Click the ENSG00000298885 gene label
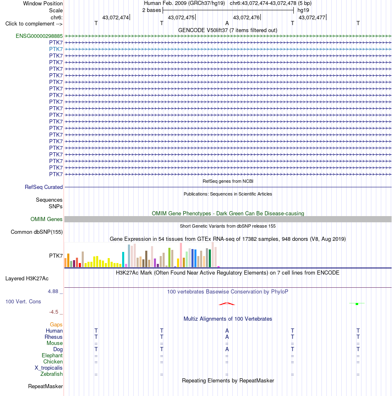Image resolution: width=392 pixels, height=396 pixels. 39,36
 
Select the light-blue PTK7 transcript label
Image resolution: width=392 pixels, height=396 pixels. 56,49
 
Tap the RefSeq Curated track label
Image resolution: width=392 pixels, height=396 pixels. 44,187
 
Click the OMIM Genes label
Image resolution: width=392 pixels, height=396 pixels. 46,219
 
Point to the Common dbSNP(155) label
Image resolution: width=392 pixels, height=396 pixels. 36,232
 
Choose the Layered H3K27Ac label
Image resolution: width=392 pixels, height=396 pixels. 27,278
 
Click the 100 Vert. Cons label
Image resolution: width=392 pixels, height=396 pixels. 23,302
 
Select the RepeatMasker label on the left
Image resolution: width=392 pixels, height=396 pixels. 45,387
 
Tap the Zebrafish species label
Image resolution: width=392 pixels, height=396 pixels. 52,374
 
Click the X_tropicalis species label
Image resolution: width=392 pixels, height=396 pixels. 49,368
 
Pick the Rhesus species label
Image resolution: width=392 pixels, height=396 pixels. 53,337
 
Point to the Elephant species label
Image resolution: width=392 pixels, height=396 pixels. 52,356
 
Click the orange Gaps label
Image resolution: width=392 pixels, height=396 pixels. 56,324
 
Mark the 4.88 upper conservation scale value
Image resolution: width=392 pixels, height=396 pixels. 53,291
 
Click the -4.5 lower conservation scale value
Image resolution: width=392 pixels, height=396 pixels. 54,312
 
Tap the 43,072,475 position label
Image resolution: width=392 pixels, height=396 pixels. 181,17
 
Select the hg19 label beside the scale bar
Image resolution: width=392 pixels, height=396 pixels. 303,10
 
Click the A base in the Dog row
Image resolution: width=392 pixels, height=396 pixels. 227,349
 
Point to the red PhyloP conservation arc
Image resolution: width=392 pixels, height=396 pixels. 227,303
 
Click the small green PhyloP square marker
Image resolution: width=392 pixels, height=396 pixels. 357,304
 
